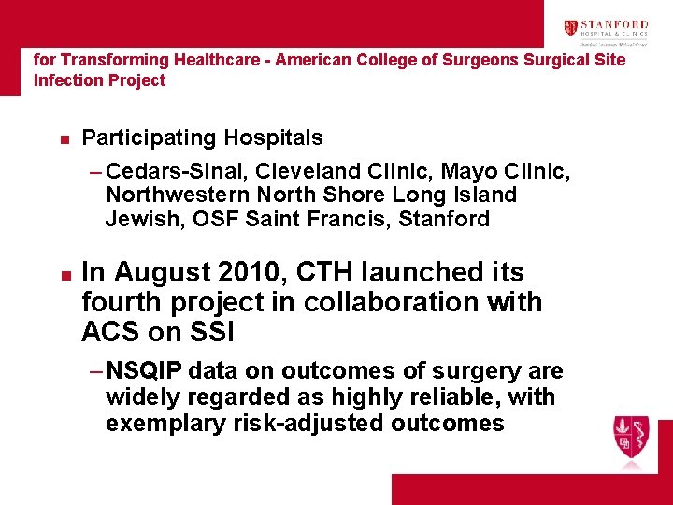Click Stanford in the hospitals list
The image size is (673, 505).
(x=443, y=219)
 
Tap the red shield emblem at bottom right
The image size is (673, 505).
(x=631, y=435)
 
